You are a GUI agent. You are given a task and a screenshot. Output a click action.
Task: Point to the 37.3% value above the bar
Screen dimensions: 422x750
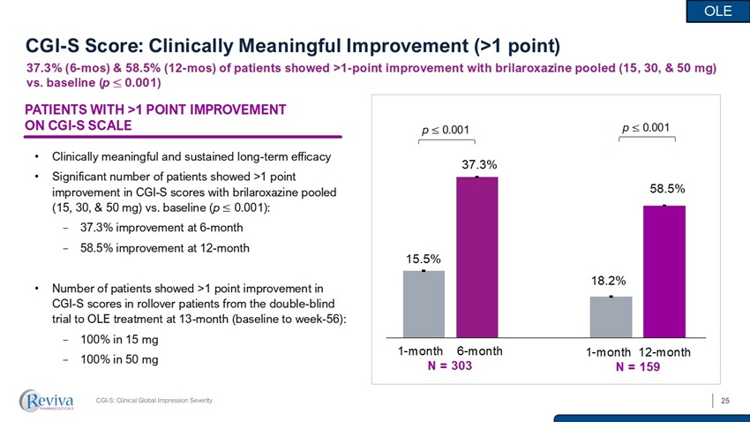click(x=478, y=164)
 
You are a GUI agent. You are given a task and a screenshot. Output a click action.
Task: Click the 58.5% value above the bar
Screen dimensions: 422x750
click(x=667, y=189)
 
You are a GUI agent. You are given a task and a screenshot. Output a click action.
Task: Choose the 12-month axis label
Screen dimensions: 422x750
click(x=665, y=352)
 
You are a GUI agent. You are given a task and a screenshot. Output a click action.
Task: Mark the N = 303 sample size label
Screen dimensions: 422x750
click(x=449, y=365)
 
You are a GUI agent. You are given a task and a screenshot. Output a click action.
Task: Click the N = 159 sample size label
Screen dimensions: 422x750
click(x=639, y=367)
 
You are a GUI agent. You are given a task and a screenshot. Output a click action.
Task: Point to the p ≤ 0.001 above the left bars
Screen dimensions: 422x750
click(x=446, y=130)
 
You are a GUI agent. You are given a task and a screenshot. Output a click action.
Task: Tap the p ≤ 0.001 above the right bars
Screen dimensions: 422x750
click(x=646, y=128)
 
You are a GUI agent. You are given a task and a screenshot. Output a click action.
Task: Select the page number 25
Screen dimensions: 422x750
click(x=726, y=402)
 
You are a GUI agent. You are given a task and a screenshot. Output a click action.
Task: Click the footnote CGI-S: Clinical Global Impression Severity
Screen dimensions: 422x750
click(x=154, y=403)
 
